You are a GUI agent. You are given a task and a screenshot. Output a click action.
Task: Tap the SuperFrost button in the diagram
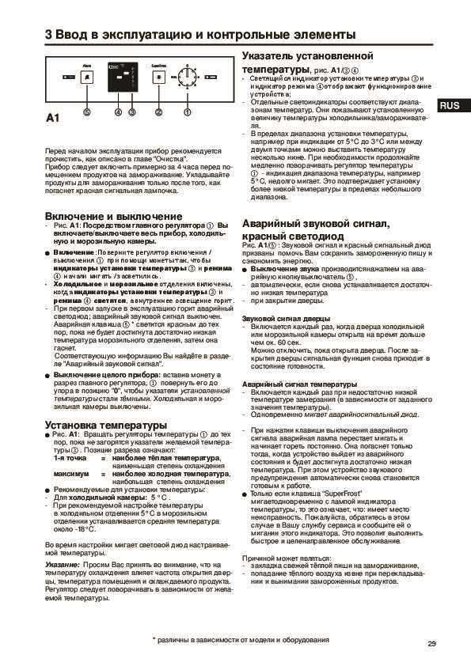[158, 78]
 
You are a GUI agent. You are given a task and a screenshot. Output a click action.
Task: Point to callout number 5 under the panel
[86, 112]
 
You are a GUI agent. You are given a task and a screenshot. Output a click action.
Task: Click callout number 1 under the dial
[188, 112]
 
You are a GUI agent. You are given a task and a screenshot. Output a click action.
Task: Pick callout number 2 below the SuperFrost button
[158, 112]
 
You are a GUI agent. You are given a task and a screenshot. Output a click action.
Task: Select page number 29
[431, 643]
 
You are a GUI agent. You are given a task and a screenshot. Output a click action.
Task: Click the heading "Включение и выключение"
[113, 216]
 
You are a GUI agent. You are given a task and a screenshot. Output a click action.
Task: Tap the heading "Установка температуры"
[94, 426]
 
